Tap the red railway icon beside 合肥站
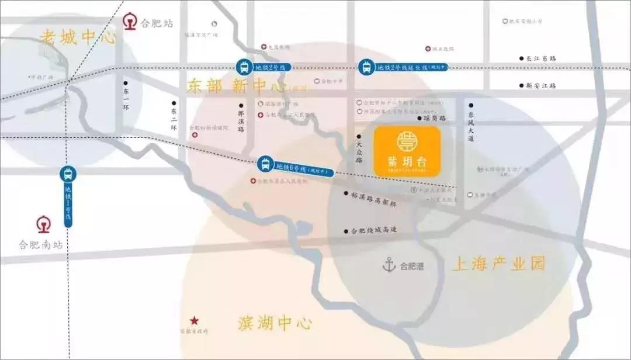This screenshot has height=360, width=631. (130, 23)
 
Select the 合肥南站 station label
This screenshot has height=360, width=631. (40, 245)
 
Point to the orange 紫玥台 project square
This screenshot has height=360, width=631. (407, 151)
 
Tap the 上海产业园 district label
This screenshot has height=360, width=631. (498, 264)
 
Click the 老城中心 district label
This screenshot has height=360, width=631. (78, 37)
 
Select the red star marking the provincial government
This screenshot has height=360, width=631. (194, 321)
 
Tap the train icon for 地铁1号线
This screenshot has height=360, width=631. (68, 174)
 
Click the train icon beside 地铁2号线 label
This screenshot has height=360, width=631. (244, 67)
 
